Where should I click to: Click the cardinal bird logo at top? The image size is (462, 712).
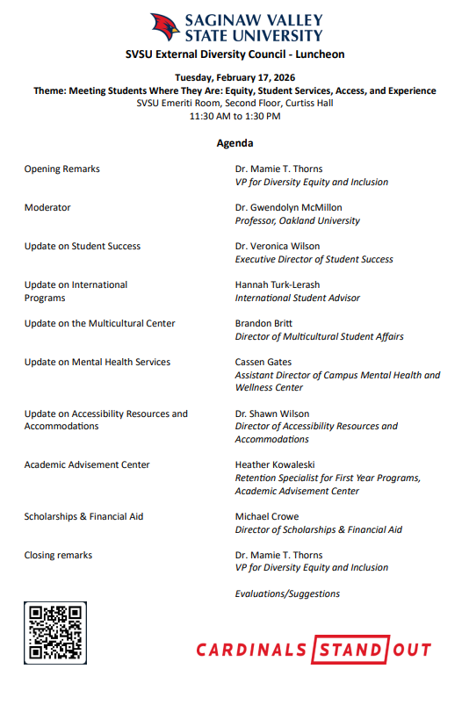coord(163,28)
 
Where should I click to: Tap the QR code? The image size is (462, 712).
coord(55,633)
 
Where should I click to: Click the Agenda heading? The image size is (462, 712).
coord(235,143)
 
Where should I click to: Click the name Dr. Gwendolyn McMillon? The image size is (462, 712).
coord(288,208)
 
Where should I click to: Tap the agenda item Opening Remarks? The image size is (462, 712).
coord(61,169)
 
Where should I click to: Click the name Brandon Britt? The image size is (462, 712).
coord(265,324)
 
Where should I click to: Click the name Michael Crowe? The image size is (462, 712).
coord(267,517)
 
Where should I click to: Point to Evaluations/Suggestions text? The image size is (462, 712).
coord(287,594)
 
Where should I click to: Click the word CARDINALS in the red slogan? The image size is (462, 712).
coord(251,651)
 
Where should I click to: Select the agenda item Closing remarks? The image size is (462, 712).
coord(58,556)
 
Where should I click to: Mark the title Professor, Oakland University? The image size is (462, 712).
coord(297,221)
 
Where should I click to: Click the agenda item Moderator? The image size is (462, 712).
coord(47,208)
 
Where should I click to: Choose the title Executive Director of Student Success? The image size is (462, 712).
coord(314,260)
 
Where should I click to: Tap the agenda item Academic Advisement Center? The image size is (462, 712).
coord(87,465)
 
